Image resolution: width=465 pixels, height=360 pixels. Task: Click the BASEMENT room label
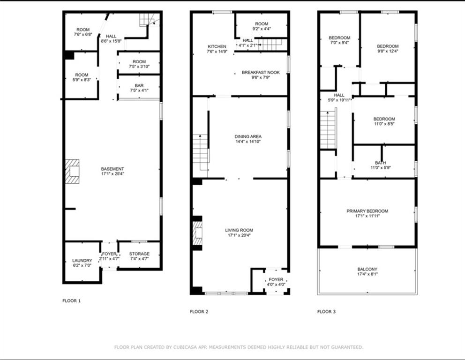coord(112,169)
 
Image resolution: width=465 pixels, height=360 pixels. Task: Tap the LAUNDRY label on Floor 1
coord(82,261)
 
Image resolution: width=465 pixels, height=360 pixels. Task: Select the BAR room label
coord(139,85)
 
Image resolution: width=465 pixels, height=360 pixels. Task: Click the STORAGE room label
coord(139,254)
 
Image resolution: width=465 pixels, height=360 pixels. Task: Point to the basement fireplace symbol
coord(72,171)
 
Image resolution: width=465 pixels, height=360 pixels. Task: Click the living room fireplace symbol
coord(197,233)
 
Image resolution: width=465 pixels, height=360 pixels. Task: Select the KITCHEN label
coord(217,46)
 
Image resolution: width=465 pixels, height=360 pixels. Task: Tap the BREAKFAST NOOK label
coord(261,72)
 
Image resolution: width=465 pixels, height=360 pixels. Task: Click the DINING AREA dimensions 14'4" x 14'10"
coord(248,142)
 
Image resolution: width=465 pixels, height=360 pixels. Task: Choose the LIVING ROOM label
coord(239,230)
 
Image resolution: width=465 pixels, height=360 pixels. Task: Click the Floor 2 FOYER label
coord(276,279)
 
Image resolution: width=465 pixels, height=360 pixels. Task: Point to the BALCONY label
coord(367,269)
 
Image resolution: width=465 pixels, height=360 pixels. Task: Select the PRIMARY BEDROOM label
coord(367,211)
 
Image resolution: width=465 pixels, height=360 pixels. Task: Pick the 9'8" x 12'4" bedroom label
coord(388,46)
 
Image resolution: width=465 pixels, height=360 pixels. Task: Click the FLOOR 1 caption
coord(72,300)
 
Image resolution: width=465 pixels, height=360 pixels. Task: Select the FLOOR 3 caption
coord(326,311)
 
